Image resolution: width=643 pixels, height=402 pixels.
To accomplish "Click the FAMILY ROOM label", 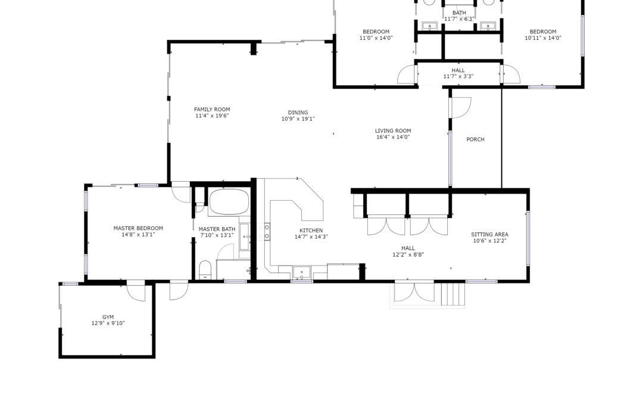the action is click(x=212, y=110).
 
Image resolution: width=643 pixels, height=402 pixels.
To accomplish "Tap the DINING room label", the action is click(x=298, y=113).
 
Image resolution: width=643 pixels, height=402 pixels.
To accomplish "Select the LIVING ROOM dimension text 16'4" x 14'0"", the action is click(x=393, y=137).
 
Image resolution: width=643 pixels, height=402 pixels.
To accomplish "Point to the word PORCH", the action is click(x=475, y=139).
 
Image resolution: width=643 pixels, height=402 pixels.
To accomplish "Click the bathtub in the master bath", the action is click(x=229, y=202).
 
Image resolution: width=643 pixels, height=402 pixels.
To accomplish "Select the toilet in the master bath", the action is click(x=205, y=270).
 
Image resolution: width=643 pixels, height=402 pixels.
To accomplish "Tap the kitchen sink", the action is click(x=301, y=272).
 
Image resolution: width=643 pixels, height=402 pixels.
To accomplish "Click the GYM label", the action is click(x=108, y=317).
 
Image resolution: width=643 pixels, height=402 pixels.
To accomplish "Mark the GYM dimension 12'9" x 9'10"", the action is click(x=108, y=323).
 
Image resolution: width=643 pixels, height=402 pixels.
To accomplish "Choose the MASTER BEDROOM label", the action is click(x=138, y=228).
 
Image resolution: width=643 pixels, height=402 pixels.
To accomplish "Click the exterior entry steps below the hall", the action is click(x=453, y=294).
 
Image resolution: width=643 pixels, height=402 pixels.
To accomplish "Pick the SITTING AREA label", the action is click(x=489, y=235).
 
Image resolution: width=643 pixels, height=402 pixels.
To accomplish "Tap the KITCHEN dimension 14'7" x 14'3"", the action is click(x=311, y=236).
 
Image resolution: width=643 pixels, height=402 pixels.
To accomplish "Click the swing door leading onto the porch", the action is click(x=461, y=107).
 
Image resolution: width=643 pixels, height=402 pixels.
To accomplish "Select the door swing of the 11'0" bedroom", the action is click(x=407, y=74).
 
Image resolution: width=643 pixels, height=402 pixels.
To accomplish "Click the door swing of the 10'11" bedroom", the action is click(x=511, y=74).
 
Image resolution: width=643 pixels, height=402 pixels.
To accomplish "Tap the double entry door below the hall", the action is click(x=414, y=292).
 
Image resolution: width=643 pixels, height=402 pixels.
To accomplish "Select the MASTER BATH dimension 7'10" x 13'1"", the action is click(x=217, y=235).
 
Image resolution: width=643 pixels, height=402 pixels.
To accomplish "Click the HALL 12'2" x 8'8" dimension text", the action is click(x=408, y=254).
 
